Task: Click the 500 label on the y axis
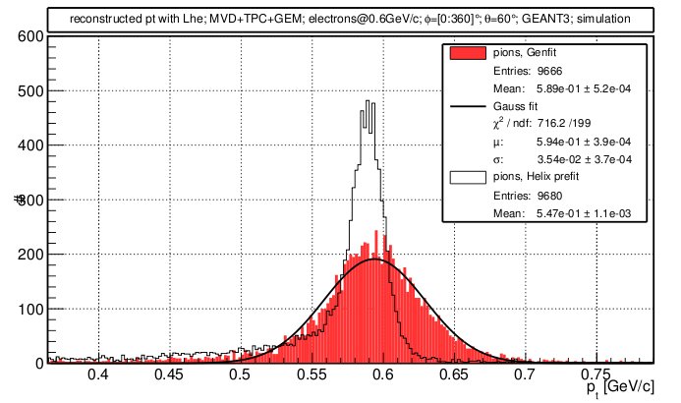(x=28, y=91)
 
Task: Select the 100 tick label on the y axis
(x=28, y=310)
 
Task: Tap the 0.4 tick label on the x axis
(x=97, y=374)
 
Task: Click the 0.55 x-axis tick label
(x=311, y=374)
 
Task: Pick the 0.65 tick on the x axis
(x=453, y=374)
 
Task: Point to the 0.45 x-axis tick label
(x=168, y=374)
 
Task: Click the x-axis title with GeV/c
(x=616, y=389)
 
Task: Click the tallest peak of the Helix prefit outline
(x=366, y=100)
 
